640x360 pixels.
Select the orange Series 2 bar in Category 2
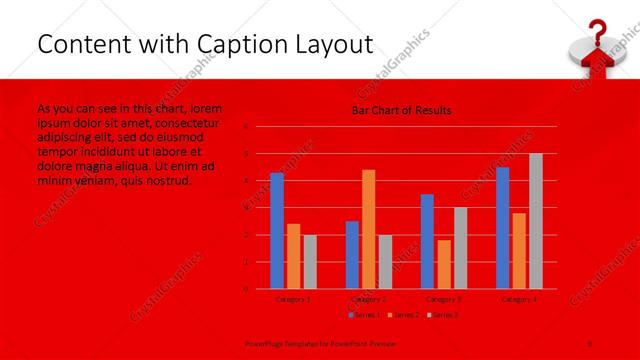368,229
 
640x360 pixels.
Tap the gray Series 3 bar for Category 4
535,221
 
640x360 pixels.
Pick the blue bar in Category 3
427,241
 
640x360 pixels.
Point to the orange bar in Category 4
519,250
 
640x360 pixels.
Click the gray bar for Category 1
309,261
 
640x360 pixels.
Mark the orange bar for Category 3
443,264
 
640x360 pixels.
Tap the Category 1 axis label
293,299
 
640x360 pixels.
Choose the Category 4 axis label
519,299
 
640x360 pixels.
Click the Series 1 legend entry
364,315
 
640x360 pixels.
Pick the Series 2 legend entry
404,315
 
